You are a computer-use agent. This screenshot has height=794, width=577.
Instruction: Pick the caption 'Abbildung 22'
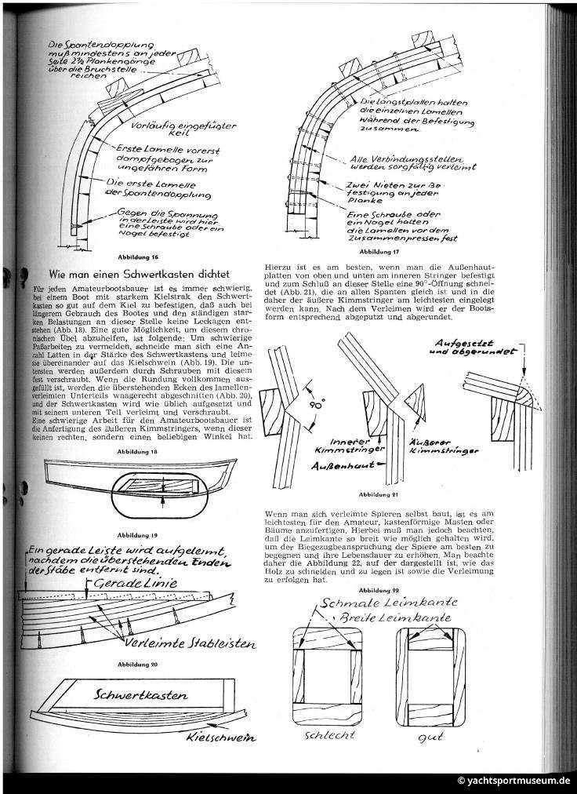(x=378, y=588)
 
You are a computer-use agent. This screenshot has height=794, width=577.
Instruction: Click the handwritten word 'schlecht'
(x=322, y=735)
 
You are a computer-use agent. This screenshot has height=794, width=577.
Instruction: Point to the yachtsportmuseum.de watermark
(x=513, y=781)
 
